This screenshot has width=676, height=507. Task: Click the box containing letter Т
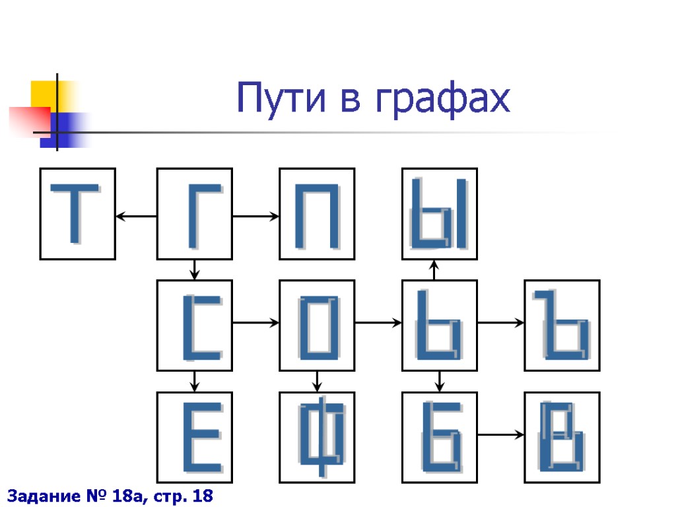coord(78,213)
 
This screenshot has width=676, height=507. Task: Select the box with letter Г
coord(194,213)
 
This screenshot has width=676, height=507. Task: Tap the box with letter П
coord(317,213)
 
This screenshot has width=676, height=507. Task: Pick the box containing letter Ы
coord(440,213)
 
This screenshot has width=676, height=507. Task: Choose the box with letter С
coord(194,325)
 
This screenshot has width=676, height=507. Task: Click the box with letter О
coord(317,325)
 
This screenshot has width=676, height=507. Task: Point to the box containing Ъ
coord(562,325)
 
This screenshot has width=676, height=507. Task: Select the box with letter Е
coord(194,437)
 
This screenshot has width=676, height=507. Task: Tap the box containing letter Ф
coord(317,437)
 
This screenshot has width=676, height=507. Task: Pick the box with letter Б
coord(440,437)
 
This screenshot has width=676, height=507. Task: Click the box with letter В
coord(562,437)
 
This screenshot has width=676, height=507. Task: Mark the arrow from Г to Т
coord(136,216)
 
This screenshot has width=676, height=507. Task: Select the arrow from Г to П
coord(255,216)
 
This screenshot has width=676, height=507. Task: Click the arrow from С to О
coord(255,323)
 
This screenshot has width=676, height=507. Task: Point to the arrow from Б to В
coord(501,434)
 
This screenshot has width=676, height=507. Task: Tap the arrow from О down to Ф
coord(317,381)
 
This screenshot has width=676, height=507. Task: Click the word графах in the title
coord(442,99)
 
